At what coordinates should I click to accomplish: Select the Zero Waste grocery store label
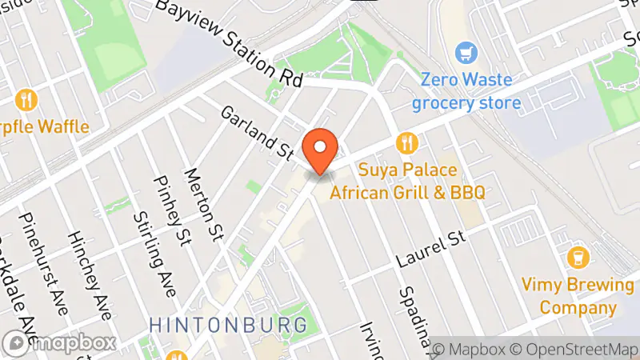[x=466, y=92]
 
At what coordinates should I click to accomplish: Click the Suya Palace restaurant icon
[x=407, y=143]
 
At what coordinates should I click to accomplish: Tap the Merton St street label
[x=203, y=204]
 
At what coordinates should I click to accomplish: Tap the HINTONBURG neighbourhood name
[x=228, y=325]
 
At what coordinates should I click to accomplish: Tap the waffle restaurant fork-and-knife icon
[x=27, y=100]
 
